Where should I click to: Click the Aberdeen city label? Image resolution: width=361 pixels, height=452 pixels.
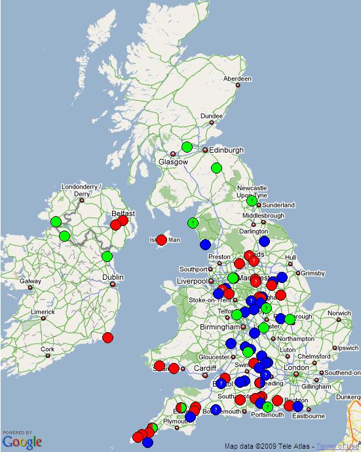(237, 79)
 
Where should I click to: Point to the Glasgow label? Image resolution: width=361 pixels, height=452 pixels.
(173, 162)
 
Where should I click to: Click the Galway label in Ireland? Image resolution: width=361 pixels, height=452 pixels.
(30, 282)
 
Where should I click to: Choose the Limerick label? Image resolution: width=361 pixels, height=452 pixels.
(43, 312)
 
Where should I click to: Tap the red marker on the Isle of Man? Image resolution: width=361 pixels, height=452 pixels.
(162, 240)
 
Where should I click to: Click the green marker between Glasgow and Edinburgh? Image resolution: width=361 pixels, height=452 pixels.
(187, 147)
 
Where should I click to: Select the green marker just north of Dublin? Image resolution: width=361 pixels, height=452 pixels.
(107, 256)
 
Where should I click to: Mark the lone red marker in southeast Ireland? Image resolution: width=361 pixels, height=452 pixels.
(107, 337)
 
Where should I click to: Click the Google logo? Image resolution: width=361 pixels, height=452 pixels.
(22, 441)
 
